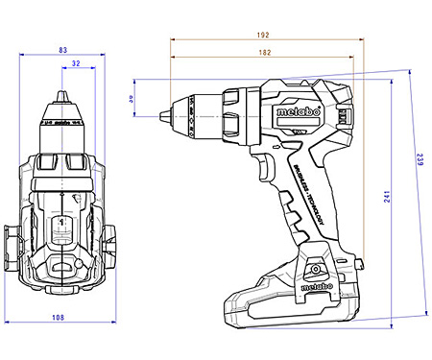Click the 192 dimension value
[262, 35]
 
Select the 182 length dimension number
[262, 52]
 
